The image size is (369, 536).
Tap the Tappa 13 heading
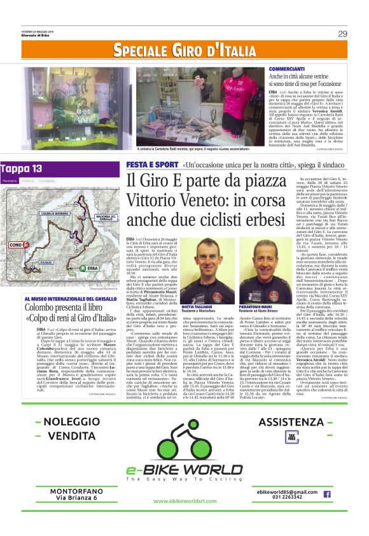tap(22, 169)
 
